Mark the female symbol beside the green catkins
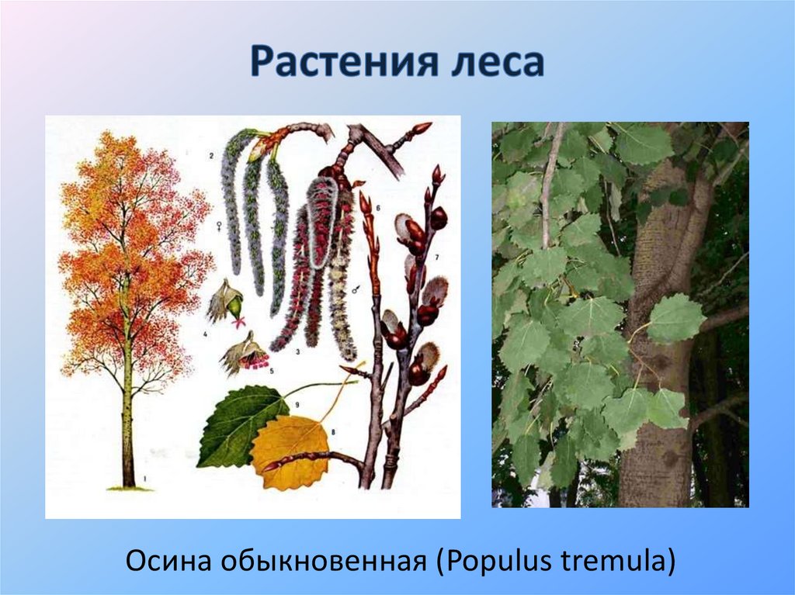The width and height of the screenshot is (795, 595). (224, 226)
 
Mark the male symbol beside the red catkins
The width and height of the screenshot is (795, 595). (356, 289)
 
